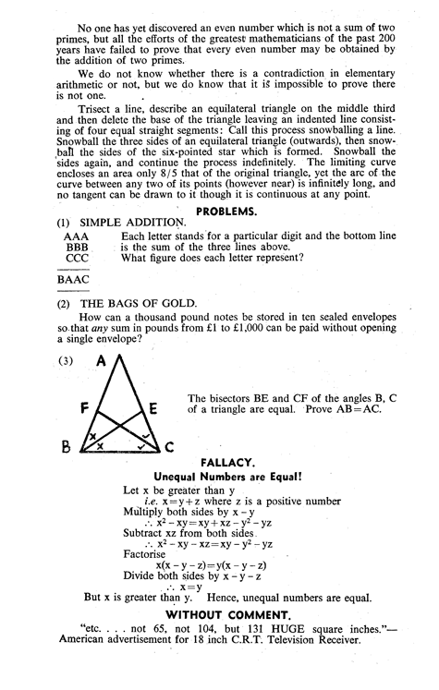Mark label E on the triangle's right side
click(x=152, y=406)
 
